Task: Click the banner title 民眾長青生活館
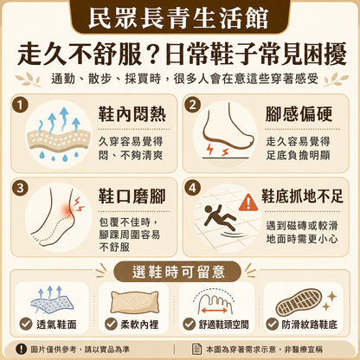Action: tap(179, 18)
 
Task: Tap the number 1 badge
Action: tap(20, 105)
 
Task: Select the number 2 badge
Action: tap(192, 105)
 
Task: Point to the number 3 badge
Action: tap(20, 188)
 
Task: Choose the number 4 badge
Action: tap(192, 188)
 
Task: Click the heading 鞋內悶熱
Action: tap(132, 114)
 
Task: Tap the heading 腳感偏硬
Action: tap(299, 114)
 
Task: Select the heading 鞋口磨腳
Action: tap(132, 196)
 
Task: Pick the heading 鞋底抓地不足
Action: tap(302, 196)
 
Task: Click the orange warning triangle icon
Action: tap(248, 202)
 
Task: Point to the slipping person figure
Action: tap(220, 217)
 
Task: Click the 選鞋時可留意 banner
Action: tap(177, 272)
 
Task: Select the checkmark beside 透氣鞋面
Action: tap(26, 324)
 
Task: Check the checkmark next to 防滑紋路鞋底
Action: tap(272, 324)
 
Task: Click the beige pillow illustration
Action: tap(135, 302)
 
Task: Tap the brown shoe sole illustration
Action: tap(299, 302)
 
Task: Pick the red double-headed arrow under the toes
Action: tap(215, 311)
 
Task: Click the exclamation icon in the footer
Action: tap(21, 349)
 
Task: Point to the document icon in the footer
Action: tap(196, 349)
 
